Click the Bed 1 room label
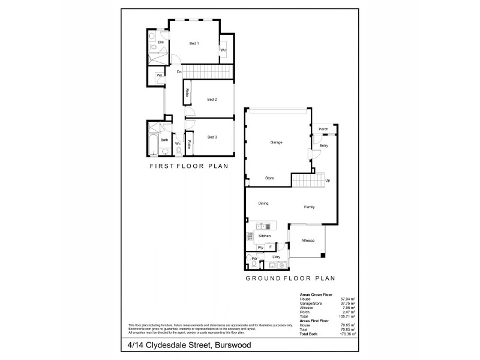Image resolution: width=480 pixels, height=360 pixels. tap(194, 43)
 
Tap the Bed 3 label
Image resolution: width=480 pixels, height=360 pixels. tap(212, 137)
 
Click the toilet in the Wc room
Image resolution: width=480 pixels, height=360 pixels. tap(178, 151)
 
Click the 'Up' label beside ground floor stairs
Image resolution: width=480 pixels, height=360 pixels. tap(327, 180)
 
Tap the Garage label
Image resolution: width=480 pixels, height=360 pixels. tap(276, 142)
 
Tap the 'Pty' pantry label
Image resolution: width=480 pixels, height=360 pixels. tap(260, 247)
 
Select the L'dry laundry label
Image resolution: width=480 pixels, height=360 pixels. tap(277, 257)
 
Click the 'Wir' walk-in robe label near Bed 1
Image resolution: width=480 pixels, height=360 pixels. tap(223, 50)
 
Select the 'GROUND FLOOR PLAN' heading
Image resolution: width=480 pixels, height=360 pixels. tap(290, 278)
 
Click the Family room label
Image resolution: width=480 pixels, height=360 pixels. tap(309, 208)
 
